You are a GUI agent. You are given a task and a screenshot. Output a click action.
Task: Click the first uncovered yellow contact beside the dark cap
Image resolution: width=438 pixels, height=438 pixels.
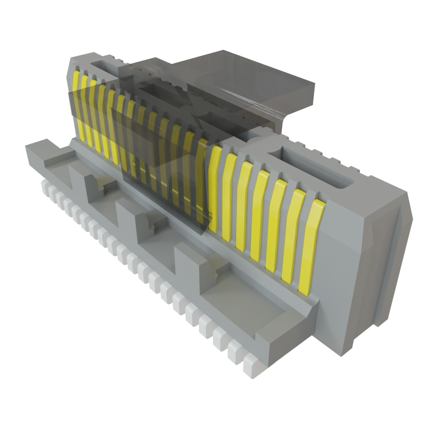tap(215, 188)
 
